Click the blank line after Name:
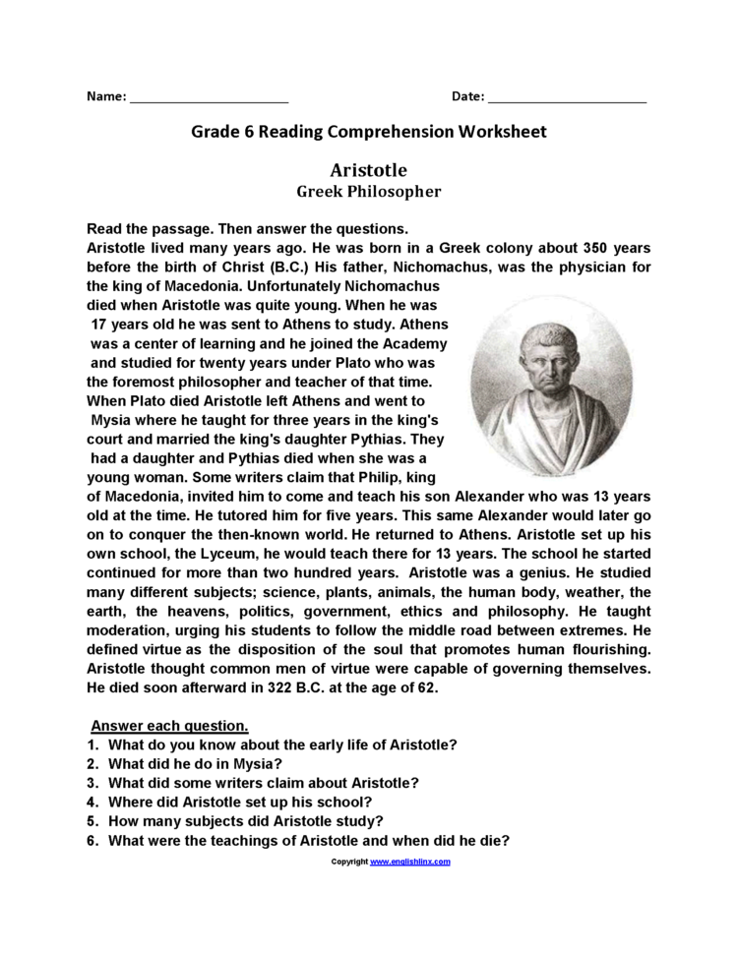[209, 98]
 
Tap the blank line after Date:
[567, 98]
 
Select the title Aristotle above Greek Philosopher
[369, 170]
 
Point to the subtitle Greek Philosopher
[369, 192]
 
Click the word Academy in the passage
[413, 344]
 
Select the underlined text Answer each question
[169, 726]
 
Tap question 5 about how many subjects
[245, 820]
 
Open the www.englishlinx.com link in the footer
[410, 862]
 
